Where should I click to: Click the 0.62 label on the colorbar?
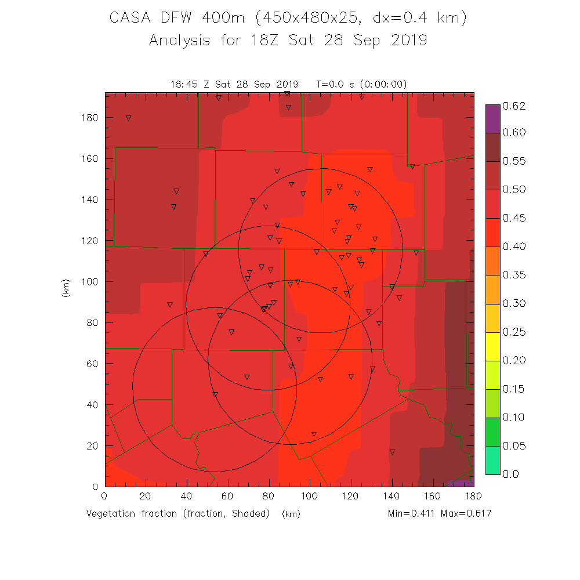513,106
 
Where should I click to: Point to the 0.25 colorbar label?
513,332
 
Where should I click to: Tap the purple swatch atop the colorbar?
492,118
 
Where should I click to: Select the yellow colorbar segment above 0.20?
492,346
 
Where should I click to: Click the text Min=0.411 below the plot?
412,514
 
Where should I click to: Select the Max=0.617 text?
467,514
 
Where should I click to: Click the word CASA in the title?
132,19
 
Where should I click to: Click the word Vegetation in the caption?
112,514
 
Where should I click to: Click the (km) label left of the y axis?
65,288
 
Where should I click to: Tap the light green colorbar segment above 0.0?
492,460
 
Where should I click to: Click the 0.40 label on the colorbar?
513,246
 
